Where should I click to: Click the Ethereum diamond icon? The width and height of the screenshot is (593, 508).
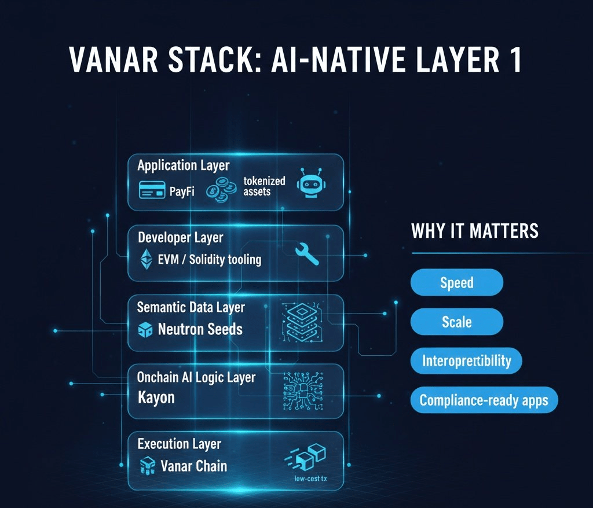click(x=147, y=259)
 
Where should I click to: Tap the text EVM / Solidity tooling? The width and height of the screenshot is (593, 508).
click(x=209, y=259)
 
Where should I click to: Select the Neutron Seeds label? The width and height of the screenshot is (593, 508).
click(x=200, y=330)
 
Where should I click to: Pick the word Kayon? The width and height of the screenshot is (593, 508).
click(x=156, y=397)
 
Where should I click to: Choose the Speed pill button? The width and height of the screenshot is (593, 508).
click(x=456, y=283)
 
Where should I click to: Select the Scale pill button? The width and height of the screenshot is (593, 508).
click(x=456, y=322)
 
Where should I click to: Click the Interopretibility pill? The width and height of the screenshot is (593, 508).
click(x=466, y=361)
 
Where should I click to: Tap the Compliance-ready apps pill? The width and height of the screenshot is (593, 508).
click(x=484, y=400)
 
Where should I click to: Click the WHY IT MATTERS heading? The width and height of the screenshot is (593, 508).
click(x=474, y=231)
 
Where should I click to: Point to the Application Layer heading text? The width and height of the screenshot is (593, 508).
click(x=183, y=165)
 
